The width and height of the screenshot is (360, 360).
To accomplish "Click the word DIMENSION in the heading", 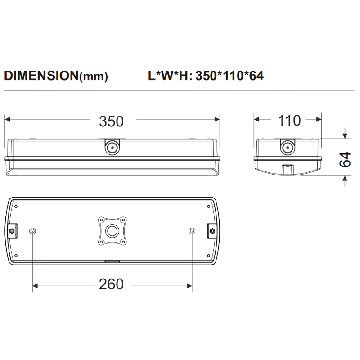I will [41, 76].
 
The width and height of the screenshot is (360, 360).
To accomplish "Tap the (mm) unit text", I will [94, 77].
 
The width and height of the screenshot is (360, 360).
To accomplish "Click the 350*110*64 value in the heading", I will [229, 76].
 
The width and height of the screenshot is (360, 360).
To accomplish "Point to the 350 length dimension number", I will [111, 121].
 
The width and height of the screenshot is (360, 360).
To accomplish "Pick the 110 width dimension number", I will [288, 121].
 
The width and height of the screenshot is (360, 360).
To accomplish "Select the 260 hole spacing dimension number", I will [111, 284].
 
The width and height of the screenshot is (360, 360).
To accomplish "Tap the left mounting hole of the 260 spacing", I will [32, 231].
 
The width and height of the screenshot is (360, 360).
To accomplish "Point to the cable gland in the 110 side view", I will [287, 146].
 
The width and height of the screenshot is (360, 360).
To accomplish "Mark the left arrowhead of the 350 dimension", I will [7, 119].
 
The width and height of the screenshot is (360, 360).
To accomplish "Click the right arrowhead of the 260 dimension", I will [189, 285].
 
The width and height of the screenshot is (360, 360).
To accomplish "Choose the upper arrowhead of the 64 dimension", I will [345, 135].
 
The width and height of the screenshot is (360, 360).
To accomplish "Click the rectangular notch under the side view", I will [288, 170].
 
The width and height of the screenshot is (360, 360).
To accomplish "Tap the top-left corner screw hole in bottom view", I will [16, 206].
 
